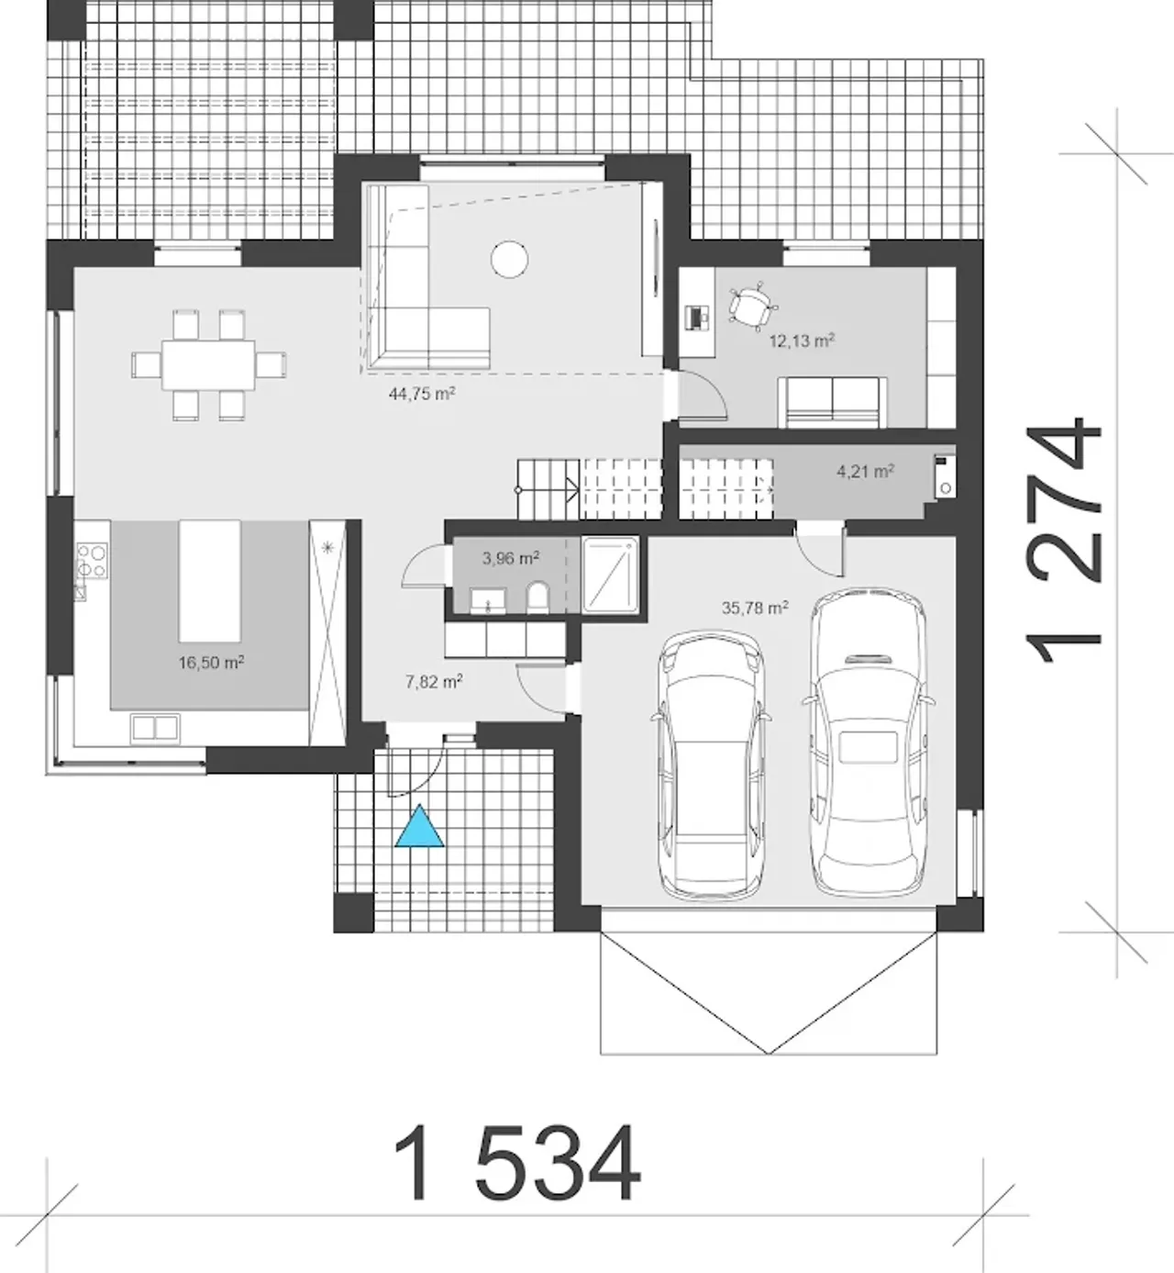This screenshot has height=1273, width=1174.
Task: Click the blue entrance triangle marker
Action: (x=419, y=827)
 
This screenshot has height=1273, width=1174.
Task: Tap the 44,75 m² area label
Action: (x=422, y=394)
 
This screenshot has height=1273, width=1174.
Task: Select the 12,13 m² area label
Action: (x=802, y=341)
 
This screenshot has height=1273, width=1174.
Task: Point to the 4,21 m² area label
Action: (x=865, y=472)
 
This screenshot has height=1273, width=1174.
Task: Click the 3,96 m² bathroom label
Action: (x=511, y=558)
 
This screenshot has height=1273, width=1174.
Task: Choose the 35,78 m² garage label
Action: (x=755, y=608)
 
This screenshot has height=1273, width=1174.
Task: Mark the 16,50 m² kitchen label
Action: (x=211, y=662)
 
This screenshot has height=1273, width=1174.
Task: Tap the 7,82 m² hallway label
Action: (x=434, y=682)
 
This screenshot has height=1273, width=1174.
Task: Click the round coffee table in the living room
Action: (x=509, y=260)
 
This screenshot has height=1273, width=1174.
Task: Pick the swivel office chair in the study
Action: (x=753, y=306)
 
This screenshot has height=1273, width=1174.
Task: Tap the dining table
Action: (x=208, y=364)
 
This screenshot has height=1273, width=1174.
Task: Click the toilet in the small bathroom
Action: (x=537, y=597)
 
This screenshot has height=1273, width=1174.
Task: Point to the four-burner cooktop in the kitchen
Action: (x=93, y=560)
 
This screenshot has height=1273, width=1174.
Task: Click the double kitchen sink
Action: (x=155, y=728)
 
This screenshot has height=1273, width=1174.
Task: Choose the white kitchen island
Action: (x=209, y=581)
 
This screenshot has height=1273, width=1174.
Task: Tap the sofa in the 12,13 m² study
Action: (x=833, y=402)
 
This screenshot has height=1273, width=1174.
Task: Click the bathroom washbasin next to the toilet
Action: (x=488, y=600)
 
